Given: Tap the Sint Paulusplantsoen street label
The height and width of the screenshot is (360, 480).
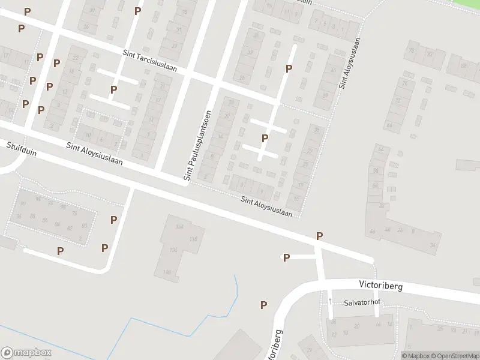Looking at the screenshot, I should [198, 146].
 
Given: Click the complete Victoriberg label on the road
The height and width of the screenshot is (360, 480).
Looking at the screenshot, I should [381, 286].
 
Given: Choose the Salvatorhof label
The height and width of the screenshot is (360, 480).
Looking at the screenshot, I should [362, 303].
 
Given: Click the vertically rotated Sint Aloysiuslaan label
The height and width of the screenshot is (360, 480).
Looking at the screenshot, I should [350, 64].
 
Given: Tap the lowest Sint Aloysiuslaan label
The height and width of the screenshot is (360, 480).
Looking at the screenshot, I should [266, 206].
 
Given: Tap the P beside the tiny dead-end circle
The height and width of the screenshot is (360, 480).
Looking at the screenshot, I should [287, 258].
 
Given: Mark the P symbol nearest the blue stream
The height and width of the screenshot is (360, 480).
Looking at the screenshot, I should [263, 305].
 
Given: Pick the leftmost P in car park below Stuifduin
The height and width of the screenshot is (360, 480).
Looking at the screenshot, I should [60, 251].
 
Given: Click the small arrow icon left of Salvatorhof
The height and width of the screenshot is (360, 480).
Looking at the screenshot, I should [330, 299].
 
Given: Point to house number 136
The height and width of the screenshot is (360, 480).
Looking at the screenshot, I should [175, 250].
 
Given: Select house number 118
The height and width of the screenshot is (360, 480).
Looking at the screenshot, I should [193, 239].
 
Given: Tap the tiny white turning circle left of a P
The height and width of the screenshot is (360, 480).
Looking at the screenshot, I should [281, 257].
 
